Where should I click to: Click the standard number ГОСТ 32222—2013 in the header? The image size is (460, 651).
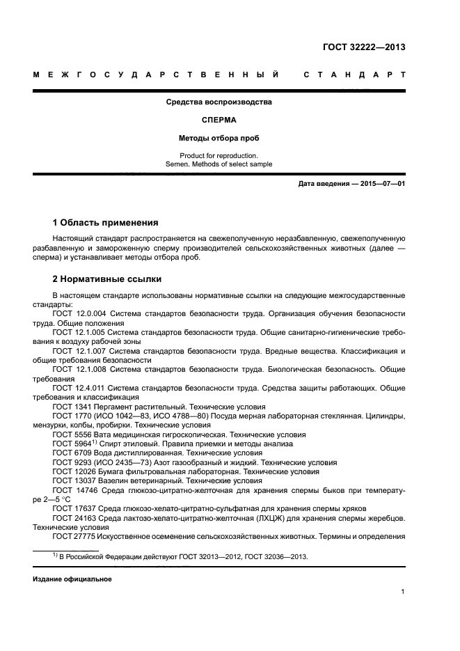[364, 48]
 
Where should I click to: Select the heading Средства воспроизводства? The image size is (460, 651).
[219, 102]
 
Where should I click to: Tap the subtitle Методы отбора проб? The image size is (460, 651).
[219, 137]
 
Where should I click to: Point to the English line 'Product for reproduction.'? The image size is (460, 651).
[219, 155]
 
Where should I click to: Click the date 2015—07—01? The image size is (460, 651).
[381, 184]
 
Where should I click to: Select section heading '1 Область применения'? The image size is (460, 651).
[105, 223]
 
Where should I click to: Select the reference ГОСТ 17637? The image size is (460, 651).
[73, 508]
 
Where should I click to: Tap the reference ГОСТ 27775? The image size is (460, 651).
[73, 536]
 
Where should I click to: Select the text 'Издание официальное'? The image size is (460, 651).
[72, 579]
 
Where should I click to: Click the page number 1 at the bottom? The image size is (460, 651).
[403, 592]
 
